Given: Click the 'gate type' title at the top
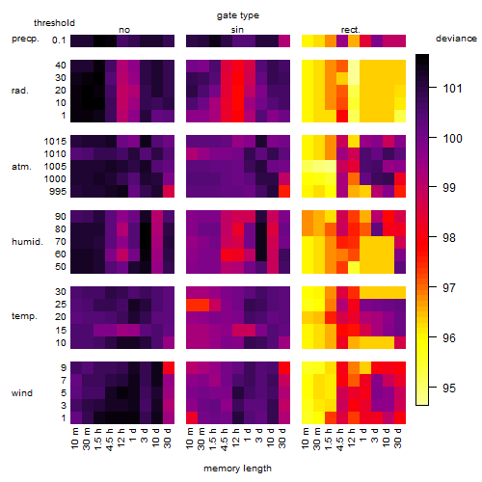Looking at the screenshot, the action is coord(238,15).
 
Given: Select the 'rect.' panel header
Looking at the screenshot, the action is coord(351,30).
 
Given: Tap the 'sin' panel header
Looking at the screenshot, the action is coord(237,30).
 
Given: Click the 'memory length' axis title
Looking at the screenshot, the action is coord(238,469).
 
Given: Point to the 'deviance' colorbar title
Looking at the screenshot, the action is coord(456,39).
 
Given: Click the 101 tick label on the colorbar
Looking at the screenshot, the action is coord(453,89).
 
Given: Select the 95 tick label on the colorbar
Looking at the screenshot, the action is coord(449,388).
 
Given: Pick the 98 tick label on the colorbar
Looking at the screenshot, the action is coord(449,238).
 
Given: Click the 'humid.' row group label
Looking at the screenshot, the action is coord(27,242).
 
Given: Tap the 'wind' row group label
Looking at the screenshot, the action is coord(22,393).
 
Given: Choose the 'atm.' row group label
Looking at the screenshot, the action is coord(21,167).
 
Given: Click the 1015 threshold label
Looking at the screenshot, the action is coord(55,142).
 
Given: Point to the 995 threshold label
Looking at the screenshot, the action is coord(58,192).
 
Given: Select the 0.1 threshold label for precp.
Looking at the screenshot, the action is coord(59,40).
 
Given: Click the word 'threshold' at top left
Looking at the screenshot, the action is coord(54,23).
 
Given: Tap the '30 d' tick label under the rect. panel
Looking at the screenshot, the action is coord(398,438).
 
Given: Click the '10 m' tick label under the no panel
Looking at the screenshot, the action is coord(74,438).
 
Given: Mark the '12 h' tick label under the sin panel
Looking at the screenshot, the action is coord(236,438).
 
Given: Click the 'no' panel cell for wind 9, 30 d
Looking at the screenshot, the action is coord(169,367).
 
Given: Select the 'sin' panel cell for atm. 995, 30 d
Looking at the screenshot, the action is coord(284,192).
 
